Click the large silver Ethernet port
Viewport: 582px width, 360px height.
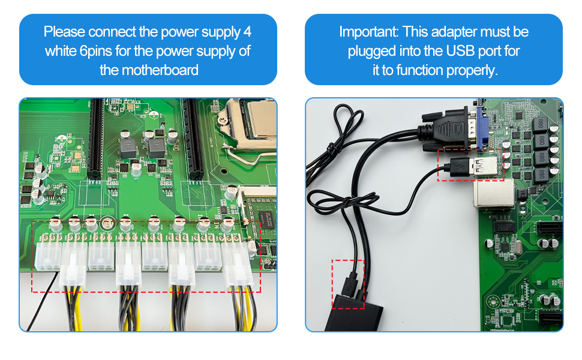(x=490, y=194)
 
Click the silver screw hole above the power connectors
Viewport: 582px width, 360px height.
(x=107, y=223)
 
